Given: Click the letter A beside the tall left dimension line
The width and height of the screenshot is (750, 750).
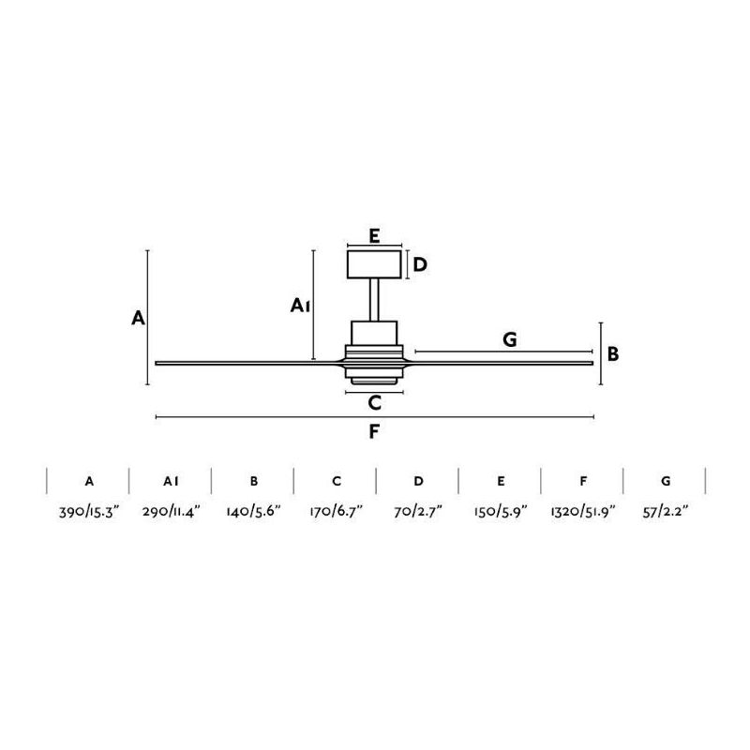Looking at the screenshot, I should point(138,318).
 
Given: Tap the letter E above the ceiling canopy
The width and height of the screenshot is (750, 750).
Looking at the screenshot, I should point(373,235).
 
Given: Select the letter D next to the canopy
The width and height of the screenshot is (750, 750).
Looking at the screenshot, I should point(421,264).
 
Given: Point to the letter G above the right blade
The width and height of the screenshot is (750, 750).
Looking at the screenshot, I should point(510,339).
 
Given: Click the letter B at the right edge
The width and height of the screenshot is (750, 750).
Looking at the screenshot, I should point(612,353).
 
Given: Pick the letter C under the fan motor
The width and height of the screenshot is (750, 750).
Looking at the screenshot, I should point(374,404).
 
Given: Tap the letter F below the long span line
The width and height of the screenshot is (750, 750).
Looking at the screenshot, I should point(374,432).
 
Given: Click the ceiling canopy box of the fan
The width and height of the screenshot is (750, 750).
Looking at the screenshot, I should point(374,264).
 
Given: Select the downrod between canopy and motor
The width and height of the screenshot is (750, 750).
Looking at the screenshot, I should point(374,300).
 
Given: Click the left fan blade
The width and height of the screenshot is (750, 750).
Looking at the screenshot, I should point(244,363).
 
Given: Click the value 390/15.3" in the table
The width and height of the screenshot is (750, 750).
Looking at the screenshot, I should point(88,511).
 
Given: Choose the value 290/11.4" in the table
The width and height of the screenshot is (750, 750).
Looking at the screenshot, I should point(171,511).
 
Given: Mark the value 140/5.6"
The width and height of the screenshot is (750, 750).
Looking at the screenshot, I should point(253,511).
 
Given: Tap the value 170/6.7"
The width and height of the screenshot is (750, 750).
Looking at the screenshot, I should point(336,511).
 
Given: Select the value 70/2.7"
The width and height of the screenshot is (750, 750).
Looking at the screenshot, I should point(418,511).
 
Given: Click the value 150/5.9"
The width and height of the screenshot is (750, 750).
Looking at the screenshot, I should point(501,511).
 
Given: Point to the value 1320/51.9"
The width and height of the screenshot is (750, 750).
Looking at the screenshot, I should point(583,511).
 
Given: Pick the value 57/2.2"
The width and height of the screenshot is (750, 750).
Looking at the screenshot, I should point(666,511).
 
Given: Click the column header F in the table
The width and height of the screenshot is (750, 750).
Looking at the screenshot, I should point(583,481).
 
